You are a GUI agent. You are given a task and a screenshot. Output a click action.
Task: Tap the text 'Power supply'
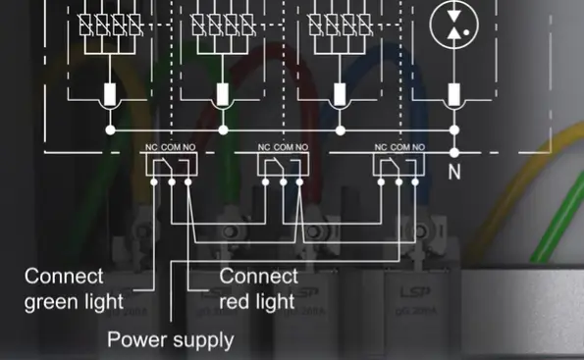(x=171, y=340)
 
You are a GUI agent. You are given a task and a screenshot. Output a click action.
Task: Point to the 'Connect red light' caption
(x=258, y=288)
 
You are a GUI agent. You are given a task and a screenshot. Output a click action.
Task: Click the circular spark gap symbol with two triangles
(x=452, y=23)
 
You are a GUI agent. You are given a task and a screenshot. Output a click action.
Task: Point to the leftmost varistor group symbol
(x=110, y=24)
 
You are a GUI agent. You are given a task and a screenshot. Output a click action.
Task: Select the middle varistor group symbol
(x=224, y=24)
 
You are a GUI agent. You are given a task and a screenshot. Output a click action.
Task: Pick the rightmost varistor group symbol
(x=340, y=24)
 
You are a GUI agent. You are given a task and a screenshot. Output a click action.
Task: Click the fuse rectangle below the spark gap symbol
(x=453, y=95)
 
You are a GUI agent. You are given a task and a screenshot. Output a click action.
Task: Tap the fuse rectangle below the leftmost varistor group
(x=110, y=95)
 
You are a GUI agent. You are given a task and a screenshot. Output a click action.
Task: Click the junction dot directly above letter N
(x=453, y=152)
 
